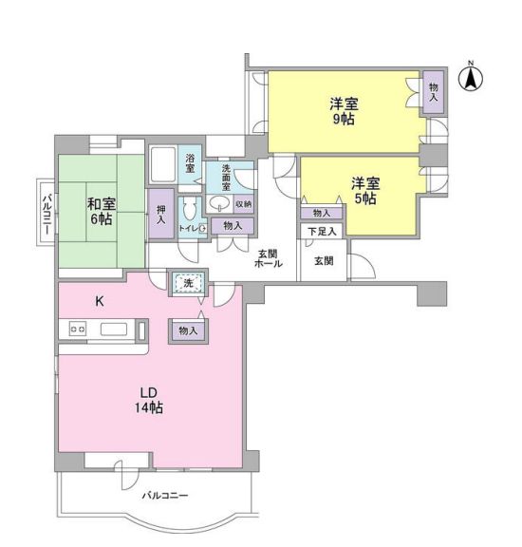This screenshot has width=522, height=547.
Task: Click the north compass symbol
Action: [x=471, y=78]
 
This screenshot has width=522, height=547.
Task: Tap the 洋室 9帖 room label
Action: [x=344, y=112]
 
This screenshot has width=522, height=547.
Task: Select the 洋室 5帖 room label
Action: [x=365, y=191]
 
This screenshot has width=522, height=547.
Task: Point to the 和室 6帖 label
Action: [x=102, y=212]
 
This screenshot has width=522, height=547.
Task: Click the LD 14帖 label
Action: [x=149, y=400]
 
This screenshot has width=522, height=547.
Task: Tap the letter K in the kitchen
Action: [x=100, y=301]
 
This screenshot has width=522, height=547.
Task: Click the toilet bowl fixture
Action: [x=189, y=209]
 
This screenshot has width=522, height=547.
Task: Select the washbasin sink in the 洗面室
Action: [x=219, y=203]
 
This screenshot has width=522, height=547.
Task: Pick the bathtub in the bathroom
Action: [x=163, y=164]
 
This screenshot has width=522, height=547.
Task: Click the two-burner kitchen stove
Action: [x=78, y=329]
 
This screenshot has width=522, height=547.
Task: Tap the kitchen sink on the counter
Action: [x=114, y=330]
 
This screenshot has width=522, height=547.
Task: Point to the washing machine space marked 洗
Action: [x=188, y=283]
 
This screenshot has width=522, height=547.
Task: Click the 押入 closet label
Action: [x=160, y=215]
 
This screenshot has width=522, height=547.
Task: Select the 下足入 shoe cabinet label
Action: [x=322, y=231]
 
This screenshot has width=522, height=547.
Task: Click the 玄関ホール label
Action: [x=269, y=258]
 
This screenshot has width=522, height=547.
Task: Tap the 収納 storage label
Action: [x=244, y=204]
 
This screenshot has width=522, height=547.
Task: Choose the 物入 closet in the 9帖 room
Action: [x=434, y=92]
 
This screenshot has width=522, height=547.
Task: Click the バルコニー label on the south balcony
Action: [x=165, y=495]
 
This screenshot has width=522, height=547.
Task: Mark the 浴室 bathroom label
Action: [x=190, y=163]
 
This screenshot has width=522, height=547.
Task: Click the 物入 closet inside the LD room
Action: [x=188, y=330]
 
